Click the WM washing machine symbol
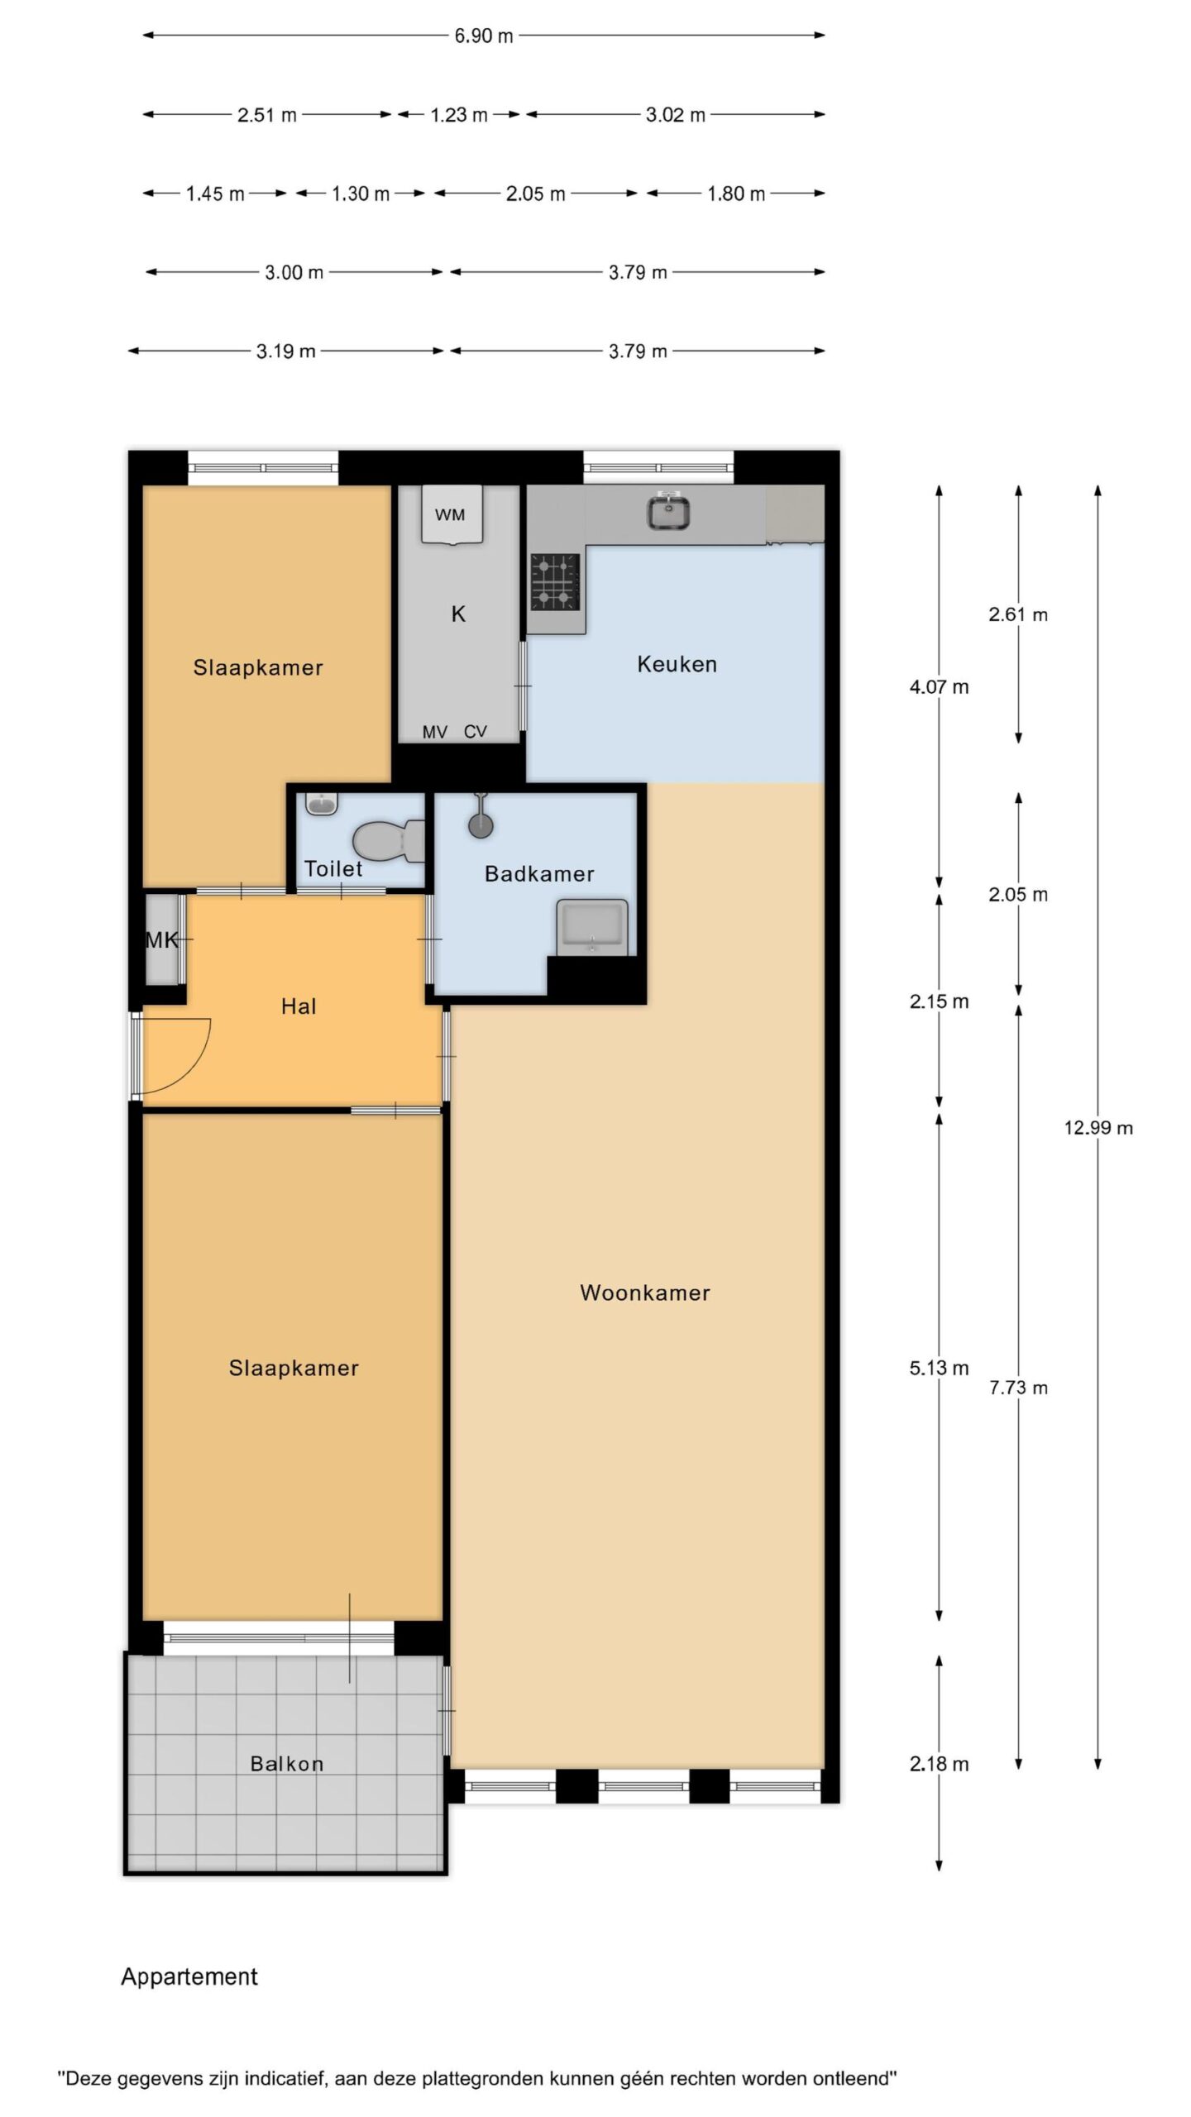pyautogui.click(x=451, y=514)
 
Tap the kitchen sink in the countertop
pyautogui.click(x=668, y=512)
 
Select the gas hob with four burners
pyautogui.click(x=555, y=581)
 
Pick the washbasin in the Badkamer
pyautogui.click(x=592, y=926)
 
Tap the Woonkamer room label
pyautogui.click(x=645, y=1293)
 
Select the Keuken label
pyautogui.click(x=677, y=664)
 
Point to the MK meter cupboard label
pyautogui.click(x=162, y=940)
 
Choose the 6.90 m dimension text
pyautogui.click(x=484, y=36)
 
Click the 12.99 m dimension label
pyautogui.click(x=1098, y=1128)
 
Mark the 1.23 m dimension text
pyautogui.click(x=459, y=115)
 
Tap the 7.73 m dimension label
pyautogui.click(x=1018, y=1388)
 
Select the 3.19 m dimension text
pyautogui.click(x=285, y=351)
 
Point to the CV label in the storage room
pyautogui.click(x=476, y=732)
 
